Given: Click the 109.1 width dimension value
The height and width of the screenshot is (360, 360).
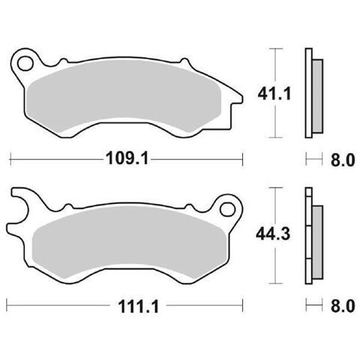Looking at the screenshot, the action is click(127, 158).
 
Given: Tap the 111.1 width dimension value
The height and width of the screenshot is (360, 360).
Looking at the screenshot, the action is click(138, 307).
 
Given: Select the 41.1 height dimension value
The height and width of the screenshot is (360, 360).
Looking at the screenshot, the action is click(274, 94).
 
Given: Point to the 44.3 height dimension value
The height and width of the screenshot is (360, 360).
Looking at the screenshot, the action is click(273, 234).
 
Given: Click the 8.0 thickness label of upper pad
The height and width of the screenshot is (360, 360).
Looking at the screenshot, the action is click(343, 160).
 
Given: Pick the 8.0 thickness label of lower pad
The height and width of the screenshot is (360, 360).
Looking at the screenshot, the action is click(343, 306).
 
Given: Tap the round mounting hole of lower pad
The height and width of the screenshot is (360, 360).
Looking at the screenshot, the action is click(227, 209).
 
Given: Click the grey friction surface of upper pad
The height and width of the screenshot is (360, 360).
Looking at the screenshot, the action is click(124, 96).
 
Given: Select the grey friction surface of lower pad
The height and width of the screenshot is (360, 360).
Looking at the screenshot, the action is click(130, 242).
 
